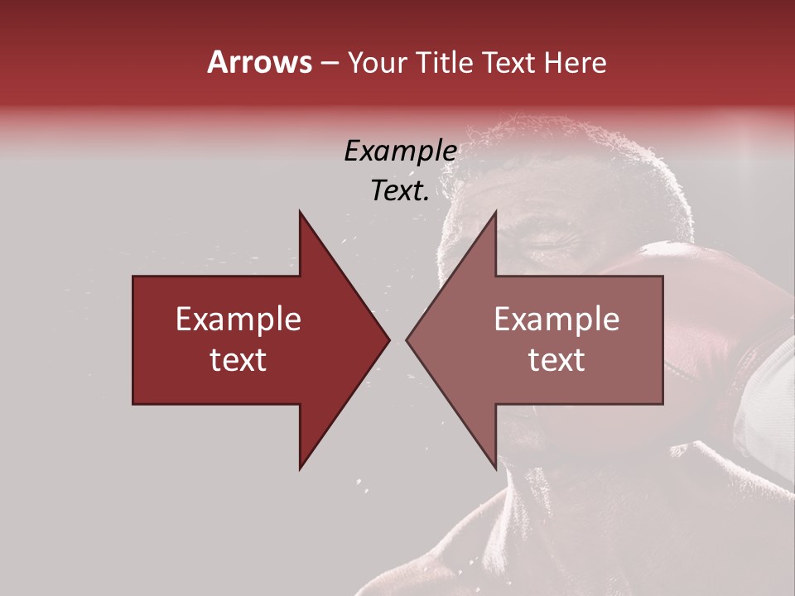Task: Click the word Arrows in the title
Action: pyautogui.click(x=258, y=62)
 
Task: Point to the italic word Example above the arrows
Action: pyautogui.click(x=400, y=151)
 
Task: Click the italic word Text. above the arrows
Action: pyautogui.click(x=400, y=191)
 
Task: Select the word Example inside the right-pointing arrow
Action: pyautogui.click(x=238, y=320)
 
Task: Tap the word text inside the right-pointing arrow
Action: pyautogui.click(x=238, y=360)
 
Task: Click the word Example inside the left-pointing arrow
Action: pyautogui.click(x=556, y=320)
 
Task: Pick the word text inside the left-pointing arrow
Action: pyautogui.click(x=556, y=360)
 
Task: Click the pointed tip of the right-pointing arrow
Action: pyautogui.click(x=388, y=339)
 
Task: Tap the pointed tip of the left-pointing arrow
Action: pyautogui.click(x=407, y=339)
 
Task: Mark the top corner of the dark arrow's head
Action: pyautogui.click(x=300, y=212)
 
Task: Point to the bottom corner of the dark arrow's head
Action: pyautogui.click(x=300, y=469)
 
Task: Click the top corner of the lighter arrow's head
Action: pyautogui.click(x=495, y=212)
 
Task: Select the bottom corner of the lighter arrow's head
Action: pyautogui.click(x=495, y=469)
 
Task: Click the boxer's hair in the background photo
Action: pyautogui.click(x=580, y=166)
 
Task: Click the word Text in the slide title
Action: pyautogui.click(x=509, y=62)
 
